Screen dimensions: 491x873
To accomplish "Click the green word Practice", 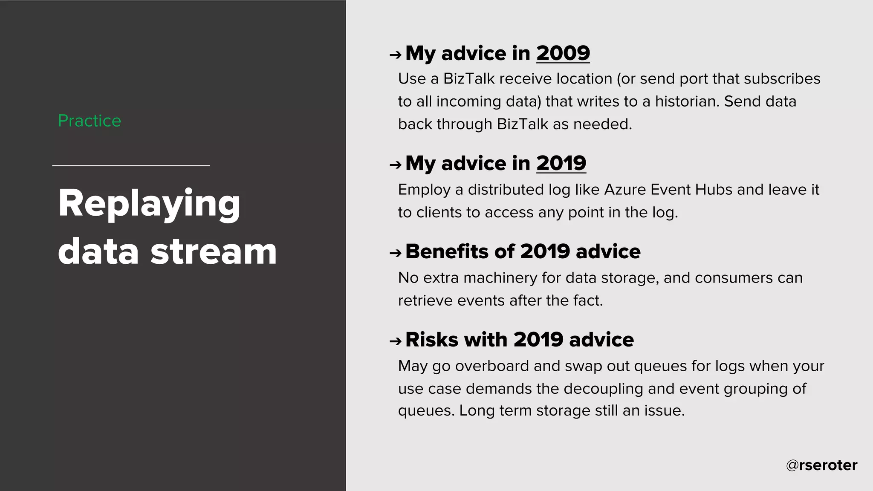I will (90, 121).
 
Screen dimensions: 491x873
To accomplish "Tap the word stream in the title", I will (214, 251).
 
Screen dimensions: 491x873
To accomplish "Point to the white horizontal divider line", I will (131, 165).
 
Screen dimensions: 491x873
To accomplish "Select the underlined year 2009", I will (563, 54).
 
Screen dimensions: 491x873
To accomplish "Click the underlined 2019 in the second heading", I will (561, 164).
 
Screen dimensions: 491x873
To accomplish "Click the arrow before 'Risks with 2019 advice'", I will (395, 341).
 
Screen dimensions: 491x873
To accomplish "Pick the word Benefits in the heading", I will (446, 251).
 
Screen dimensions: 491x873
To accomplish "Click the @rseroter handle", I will (821, 465).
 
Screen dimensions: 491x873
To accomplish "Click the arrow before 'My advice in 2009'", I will (395, 55).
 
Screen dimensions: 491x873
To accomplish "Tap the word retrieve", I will (425, 301).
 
